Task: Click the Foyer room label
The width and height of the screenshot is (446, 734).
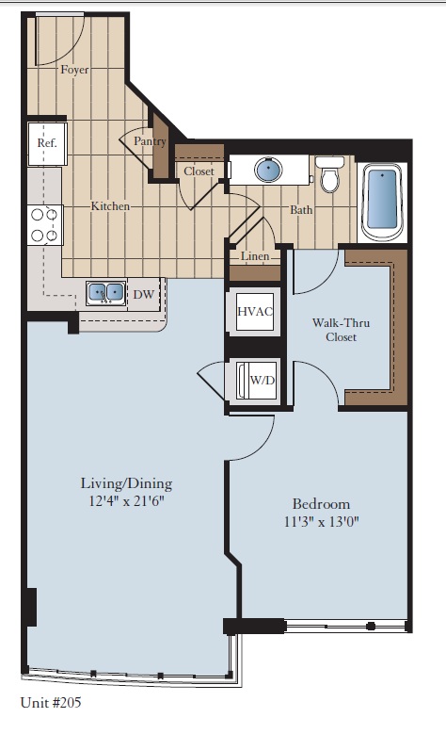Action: pyautogui.click(x=74, y=71)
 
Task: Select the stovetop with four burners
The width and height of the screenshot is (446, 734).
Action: pyautogui.click(x=44, y=224)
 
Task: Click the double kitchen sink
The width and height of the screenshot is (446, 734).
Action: pyautogui.click(x=106, y=293)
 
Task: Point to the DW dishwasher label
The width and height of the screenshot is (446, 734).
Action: pyautogui.click(x=143, y=295)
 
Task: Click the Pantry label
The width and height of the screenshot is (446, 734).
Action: pyautogui.click(x=150, y=142)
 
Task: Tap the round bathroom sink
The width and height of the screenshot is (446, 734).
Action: pyautogui.click(x=269, y=171)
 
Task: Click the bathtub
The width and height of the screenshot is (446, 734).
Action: pyautogui.click(x=382, y=203)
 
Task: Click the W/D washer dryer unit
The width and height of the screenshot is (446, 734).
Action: pyautogui.click(x=261, y=381)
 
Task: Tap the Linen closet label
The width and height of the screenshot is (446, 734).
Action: pyautogui.click(x=255, y=256)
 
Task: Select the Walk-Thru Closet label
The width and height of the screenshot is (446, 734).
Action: pyautogui.click(x=340, y=329)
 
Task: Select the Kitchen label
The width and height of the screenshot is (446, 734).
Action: pyautogui.click(x=110, y=205)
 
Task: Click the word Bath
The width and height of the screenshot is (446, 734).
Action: pyautogui.click(x=301, y=210)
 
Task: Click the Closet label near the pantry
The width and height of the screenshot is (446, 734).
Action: pyautogui.click(x=199, y=171)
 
